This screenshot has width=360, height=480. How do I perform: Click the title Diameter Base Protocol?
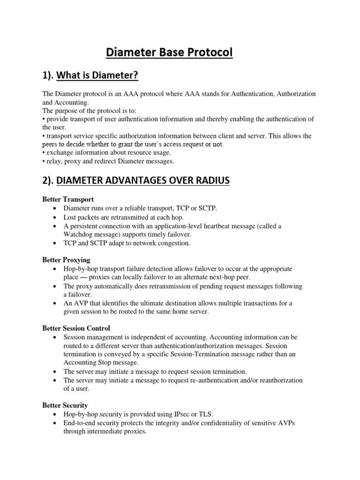coord(169,52)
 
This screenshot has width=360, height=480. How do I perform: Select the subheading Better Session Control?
coord(76,328)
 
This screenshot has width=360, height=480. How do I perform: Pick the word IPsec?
coord(184,414)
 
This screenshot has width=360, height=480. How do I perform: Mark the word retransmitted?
coord(134,217)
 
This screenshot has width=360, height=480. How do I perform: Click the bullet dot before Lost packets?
coord(56,217)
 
